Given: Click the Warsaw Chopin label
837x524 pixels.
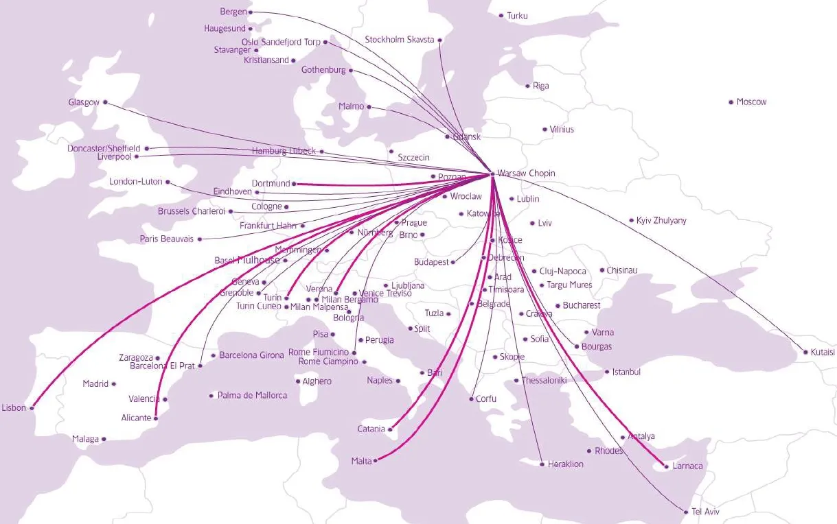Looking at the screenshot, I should [x=526, y=174].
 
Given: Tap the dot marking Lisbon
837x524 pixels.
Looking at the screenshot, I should [x=32, y=408].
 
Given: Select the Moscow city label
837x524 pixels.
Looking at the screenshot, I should [x=751, y=102].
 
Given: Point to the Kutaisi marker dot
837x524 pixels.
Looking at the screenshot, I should [x=805, y=353].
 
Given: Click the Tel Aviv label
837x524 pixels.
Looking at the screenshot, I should [x=706, y=512].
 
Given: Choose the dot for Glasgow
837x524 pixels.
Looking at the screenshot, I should [x=105, y=102].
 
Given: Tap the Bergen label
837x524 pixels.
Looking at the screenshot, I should [x=233, y=12].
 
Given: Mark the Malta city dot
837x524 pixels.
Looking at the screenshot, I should [x=376, y=462].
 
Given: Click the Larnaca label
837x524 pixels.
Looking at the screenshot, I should [x=688, y=466].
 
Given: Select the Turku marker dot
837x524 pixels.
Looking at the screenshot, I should [x=501, y=15].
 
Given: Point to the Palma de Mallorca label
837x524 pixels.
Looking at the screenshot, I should [x=252, y=396].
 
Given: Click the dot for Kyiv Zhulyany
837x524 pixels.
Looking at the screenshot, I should [x=631, y=221].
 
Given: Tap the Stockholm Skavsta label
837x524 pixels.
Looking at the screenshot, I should [x=400, y=40].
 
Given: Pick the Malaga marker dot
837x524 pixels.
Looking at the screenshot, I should [x=104, y=439].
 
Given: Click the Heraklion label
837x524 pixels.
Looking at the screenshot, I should [x=565, y=464].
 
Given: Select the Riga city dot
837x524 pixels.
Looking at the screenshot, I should [x=527, y=86].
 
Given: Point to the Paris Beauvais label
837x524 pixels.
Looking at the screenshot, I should [x=167, y=239].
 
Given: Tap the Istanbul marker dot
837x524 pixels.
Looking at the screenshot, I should [x=607, y=372].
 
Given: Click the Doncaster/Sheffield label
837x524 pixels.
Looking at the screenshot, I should [x=104, y=148].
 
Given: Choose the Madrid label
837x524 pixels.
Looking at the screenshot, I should [x=95, y=384].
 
